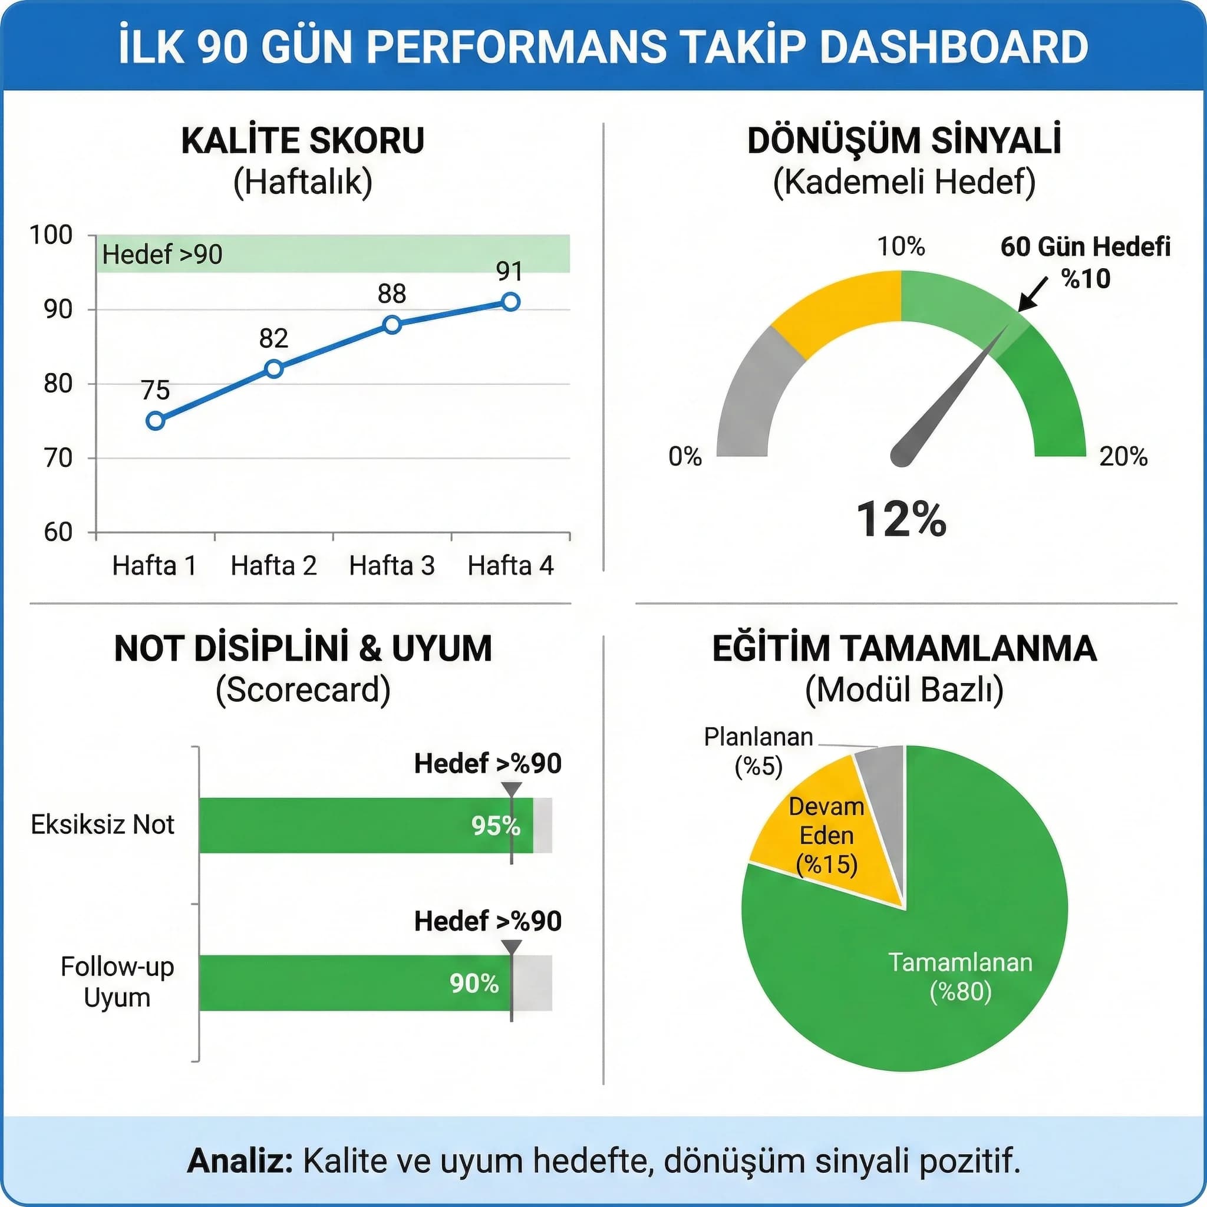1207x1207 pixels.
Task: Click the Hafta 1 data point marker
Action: tap(156, 420)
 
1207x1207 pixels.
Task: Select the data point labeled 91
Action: tap(510, 302)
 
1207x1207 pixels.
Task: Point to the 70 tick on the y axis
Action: tap(58, 459)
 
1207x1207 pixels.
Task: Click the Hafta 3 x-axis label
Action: tap(392, 566)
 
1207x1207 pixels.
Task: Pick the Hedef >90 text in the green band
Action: tap(163, 254)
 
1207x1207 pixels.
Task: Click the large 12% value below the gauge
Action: tap(901, 519)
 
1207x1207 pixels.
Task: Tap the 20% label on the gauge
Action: tap(1123, 457)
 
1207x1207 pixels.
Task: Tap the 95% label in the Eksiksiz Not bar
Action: tap(496, 826)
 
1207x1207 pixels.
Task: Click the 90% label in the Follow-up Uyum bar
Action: tap(474, 984)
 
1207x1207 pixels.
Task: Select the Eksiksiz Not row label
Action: tap(103, 825)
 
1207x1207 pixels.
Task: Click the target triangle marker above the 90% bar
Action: tap(512, 947)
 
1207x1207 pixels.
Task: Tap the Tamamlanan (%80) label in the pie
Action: tap(960, 977)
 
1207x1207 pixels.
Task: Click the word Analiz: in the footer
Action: tap(240, 1162)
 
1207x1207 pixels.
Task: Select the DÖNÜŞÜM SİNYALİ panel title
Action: tap(904, 141)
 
